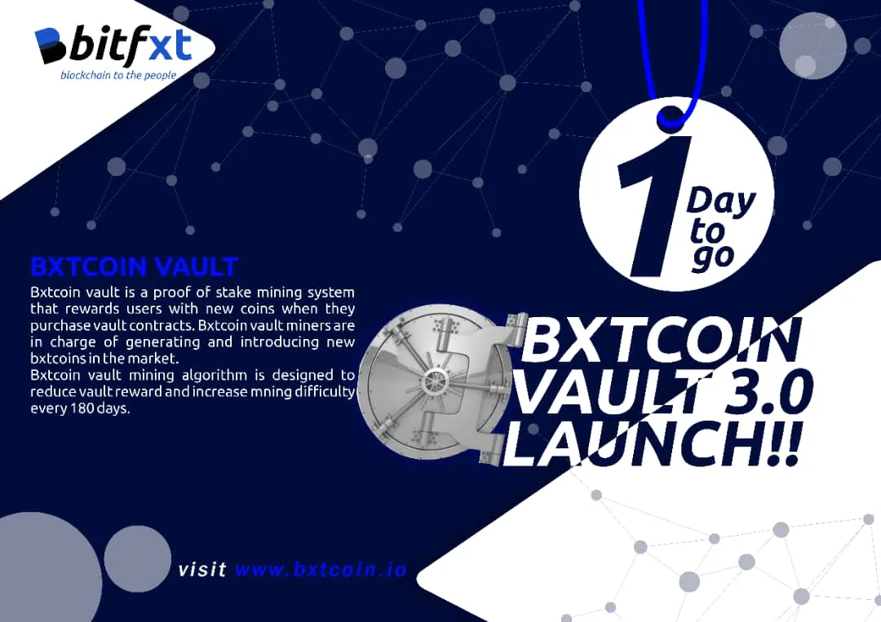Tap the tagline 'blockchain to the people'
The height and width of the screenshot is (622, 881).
(x=118, y=75)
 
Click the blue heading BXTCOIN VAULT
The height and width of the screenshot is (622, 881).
(x=135, y=267)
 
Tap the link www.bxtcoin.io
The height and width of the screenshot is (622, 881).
(x=321, y=569)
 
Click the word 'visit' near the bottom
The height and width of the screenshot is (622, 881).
(x=202, y=569)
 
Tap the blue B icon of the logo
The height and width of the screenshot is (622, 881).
(x=51, y=46)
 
